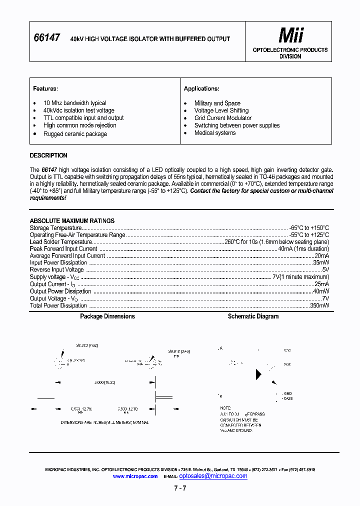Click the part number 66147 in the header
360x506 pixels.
coord(47,37)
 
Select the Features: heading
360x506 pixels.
coord(45,88)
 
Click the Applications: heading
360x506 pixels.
coord(201,88)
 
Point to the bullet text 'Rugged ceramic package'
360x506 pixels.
coord(75,134)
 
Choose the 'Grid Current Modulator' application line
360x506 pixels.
coord(223,118)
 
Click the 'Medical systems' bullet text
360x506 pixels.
coord(215,133)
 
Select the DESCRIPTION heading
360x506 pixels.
coord(48,155)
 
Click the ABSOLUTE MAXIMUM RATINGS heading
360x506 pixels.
coord(72,220)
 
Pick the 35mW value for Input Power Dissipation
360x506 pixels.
coord(321,262)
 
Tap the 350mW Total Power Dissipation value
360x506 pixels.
coord(319,305)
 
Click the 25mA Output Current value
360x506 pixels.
coord(321,284)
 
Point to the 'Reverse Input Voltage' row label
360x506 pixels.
coord(57,269)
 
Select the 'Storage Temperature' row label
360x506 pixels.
coord(55,227)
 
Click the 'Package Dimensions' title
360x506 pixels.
coord(107,316)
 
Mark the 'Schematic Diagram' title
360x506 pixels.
coord(253,316)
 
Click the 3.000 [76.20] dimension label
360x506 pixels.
coord(104,382)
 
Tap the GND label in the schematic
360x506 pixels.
coord(287,394)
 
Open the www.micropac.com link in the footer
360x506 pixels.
coord(135,476)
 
